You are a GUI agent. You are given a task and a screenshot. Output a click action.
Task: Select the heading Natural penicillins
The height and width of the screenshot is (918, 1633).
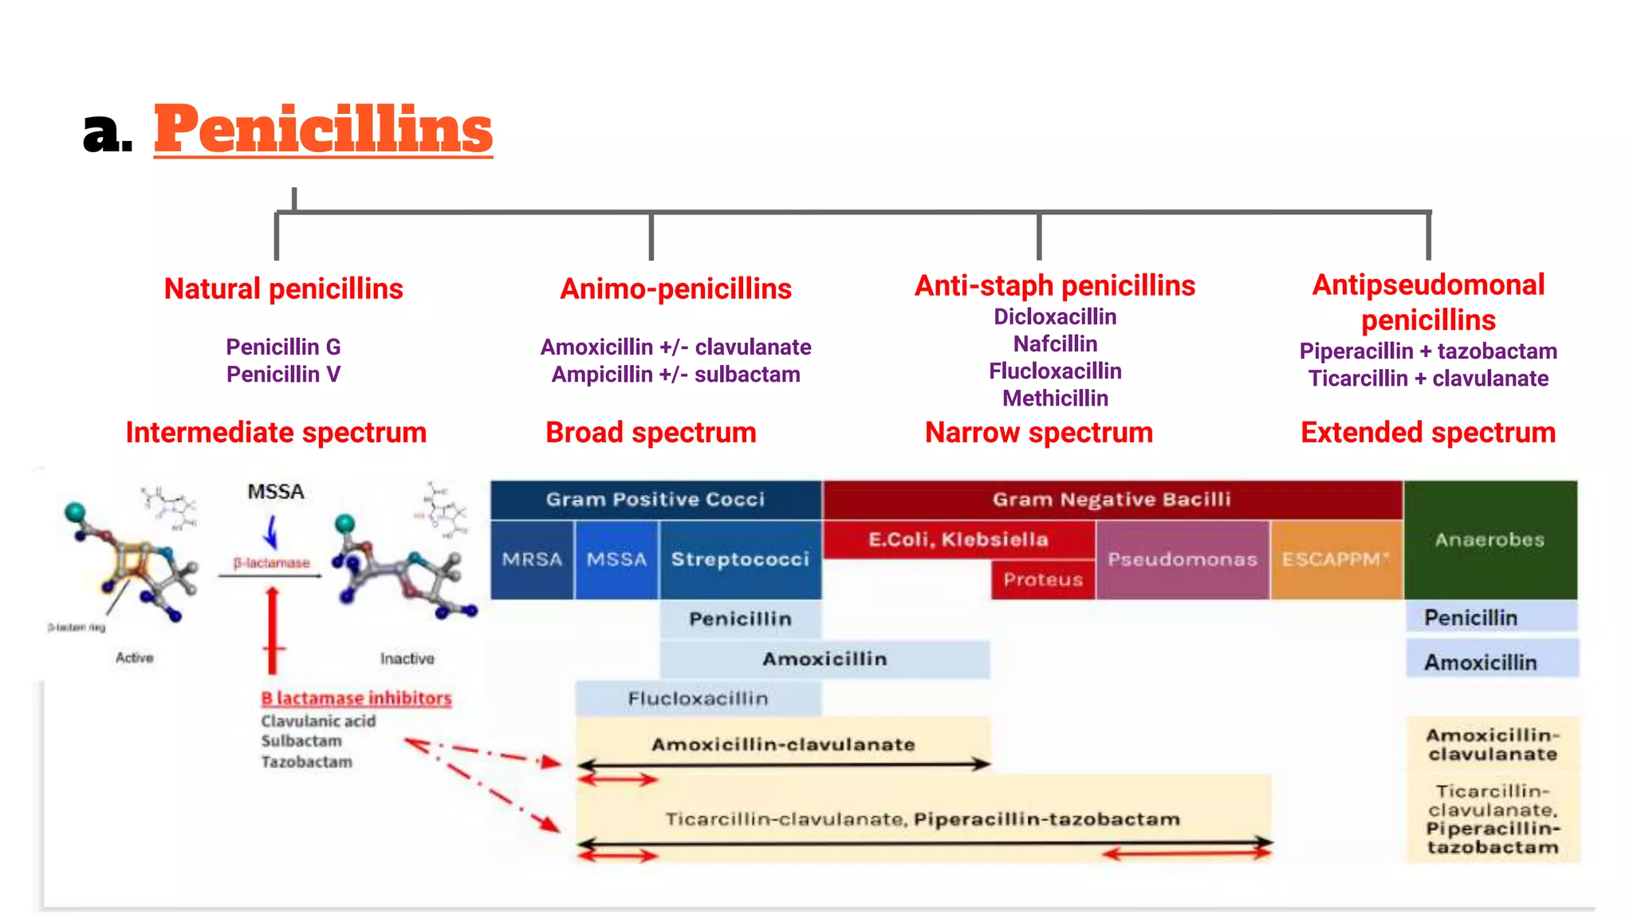point(283,288)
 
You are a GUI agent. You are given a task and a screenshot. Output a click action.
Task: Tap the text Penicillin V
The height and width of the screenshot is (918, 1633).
point(283,374)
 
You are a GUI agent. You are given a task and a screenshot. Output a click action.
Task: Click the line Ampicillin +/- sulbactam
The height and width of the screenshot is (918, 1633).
point(675,375)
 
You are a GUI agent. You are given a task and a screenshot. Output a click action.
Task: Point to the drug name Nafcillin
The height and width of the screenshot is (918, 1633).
point(1055,343)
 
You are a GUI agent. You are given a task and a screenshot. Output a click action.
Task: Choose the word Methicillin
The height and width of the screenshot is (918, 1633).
point(1055,398)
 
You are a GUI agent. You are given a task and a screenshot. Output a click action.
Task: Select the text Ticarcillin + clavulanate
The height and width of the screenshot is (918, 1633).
point(1428,379)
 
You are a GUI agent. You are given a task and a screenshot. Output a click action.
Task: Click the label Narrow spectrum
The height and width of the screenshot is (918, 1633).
point(1038,433)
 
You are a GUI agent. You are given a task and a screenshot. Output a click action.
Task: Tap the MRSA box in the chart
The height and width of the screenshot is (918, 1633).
point(532,559)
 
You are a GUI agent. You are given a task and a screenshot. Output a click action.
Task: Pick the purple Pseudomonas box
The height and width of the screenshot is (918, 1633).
point(1182,559)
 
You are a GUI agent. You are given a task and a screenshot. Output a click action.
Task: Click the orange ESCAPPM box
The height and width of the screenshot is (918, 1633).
point(1336,559)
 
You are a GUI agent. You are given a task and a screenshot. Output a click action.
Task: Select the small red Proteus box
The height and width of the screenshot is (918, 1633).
point(1043,579)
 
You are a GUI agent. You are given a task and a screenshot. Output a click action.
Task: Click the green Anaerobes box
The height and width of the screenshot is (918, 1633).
point(1489,539)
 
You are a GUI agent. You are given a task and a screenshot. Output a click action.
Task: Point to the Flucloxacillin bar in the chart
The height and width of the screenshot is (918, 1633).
point(698,699)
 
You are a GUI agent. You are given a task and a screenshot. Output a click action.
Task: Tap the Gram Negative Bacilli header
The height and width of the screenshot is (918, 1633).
point(1112,500)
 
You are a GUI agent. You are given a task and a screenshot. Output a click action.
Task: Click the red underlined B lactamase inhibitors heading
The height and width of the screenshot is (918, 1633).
point(356,698)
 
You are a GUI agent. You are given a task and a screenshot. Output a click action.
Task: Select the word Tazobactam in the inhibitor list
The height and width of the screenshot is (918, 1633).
point(306,762)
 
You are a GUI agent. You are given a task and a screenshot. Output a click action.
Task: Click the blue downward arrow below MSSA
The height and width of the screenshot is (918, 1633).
point(271,532)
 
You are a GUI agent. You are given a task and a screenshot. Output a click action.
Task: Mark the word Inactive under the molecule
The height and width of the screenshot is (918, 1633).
point(407,658)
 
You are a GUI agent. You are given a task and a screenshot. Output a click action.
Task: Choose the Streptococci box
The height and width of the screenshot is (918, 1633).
point(740,559)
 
